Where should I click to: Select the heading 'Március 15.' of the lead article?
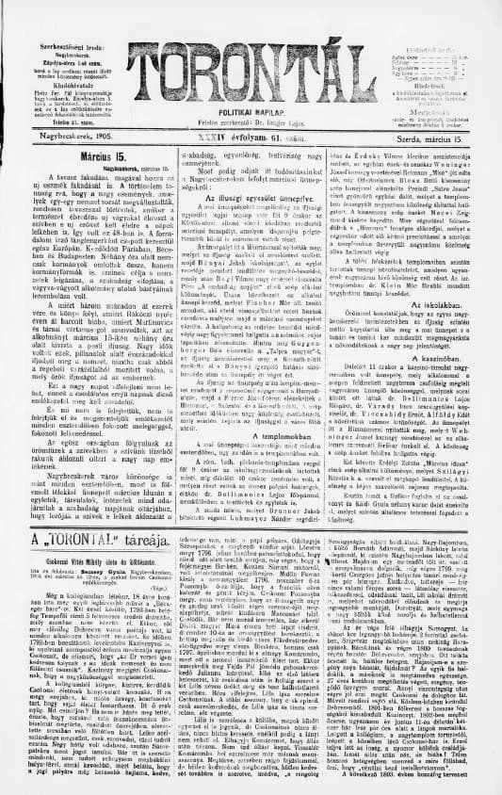72,154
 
